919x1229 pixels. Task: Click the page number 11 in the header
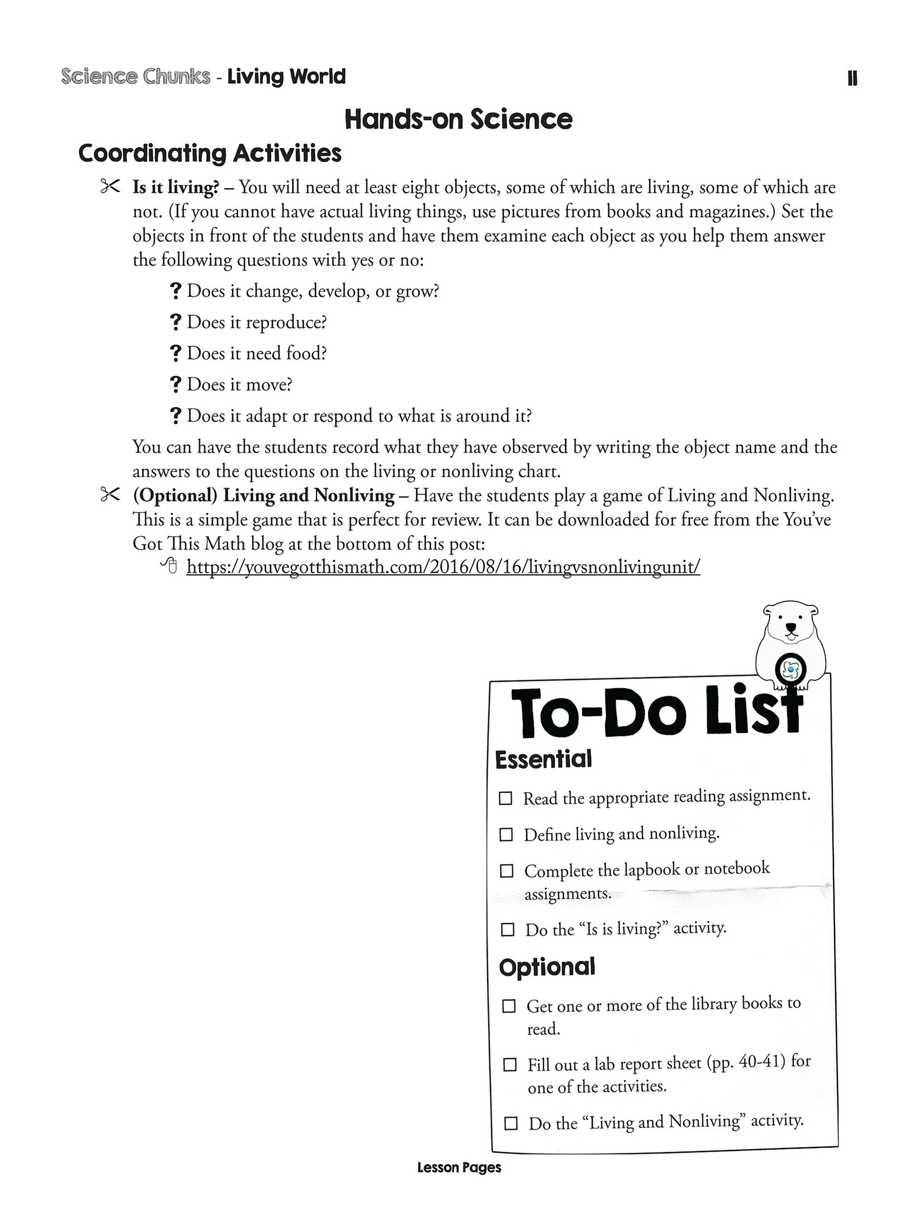(x=852, y=79)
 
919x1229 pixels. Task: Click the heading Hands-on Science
(x=458, y=119)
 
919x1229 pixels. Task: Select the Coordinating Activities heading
(x=210, y=153)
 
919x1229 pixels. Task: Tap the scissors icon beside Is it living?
(x=110, y=187)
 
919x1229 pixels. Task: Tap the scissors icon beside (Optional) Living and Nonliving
(x=110, y=494)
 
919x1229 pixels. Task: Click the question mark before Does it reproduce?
(x=176, y=322)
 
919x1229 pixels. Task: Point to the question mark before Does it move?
(x=176, y=384)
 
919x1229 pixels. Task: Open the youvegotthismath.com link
(x=443, y=567)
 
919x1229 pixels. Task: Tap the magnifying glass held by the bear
(x=791, y=669)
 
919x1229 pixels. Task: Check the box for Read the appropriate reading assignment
(x=505, y=798)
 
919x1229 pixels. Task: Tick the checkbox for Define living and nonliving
(x=506, y=835)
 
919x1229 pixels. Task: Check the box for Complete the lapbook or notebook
(x=507, y=871)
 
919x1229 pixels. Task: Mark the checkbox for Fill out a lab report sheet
(x=509, y=1065)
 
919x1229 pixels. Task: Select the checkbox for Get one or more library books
(x=509, y=1006)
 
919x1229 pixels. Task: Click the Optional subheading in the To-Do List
(x=547, y=967)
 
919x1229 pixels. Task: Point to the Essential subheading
(x=543, y=759)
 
